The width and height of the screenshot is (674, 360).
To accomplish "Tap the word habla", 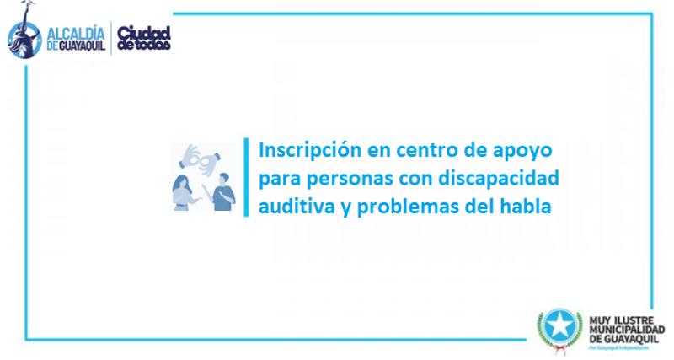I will (x=527, y=207).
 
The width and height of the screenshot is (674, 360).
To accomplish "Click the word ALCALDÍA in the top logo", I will (x=73, y=28).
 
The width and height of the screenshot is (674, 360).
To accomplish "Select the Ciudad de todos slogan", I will (x=143, y=37).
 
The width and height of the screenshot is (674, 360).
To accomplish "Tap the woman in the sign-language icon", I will (x=184, y=190).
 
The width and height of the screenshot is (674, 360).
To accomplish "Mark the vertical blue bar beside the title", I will (x=247, y=178).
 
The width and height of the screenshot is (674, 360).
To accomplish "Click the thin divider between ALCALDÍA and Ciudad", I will (x=111, y=37).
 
